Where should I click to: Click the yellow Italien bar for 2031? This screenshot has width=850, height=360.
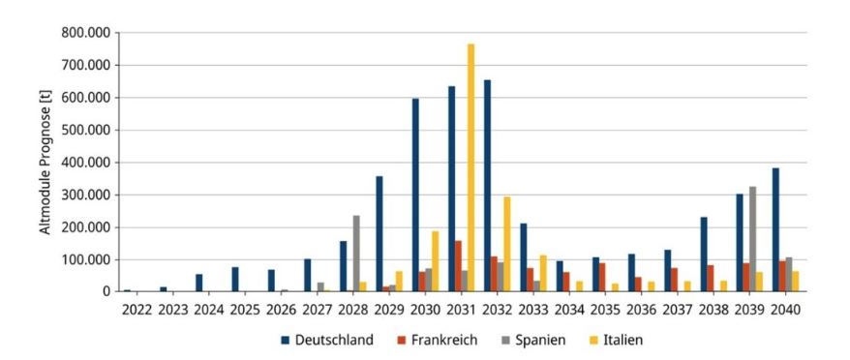pos(471,168)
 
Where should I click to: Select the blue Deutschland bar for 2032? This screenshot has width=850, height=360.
pos(487,186)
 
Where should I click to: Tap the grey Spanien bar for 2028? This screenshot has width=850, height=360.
pos(356,254)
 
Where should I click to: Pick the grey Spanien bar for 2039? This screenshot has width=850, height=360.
pos(752,239)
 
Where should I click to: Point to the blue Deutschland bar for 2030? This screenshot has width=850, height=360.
pos(415,195)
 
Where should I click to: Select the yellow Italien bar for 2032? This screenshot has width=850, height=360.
pos(507,245)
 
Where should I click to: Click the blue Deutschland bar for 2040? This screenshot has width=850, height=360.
pos(775,230)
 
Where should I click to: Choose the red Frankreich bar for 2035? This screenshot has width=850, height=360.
pos(602,278)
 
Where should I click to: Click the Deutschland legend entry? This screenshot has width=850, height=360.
pos(327,340)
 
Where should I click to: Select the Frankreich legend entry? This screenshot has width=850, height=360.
pos(437,340)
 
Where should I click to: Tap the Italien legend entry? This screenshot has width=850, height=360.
pos(616,340)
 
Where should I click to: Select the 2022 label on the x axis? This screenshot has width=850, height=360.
pos(137,310)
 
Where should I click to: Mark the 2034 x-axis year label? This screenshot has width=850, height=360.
pos(568,310)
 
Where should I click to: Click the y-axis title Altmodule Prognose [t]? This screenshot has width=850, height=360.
pos(46,163)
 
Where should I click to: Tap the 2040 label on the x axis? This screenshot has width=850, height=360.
pos(784,310)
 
